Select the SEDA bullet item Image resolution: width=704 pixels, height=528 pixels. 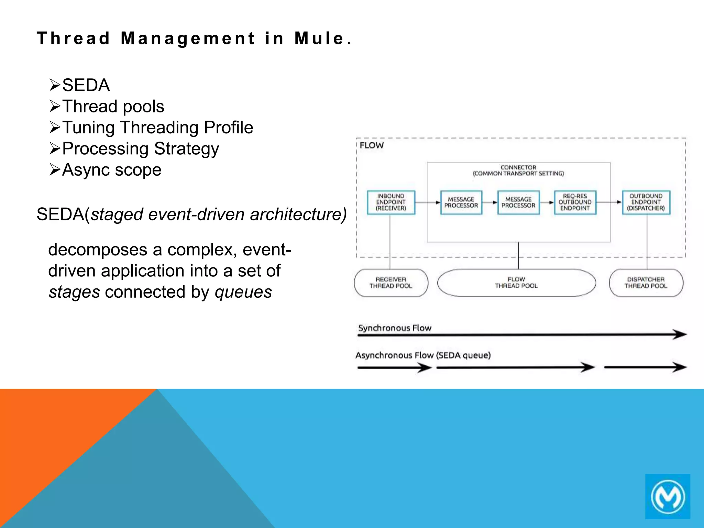click(x=86, y=85)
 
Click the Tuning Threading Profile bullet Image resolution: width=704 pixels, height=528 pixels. click(x=157, y=128)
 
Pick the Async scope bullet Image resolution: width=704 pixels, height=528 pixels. click(x=111, y=170)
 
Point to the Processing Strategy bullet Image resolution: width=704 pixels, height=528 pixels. click(x=140, y=149)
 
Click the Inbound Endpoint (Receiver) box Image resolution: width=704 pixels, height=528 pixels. click(x=391, y=202)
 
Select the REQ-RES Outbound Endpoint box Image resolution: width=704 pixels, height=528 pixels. click(x=575, y=202)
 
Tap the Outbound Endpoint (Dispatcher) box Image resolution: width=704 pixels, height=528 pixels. click(x=646, y=202)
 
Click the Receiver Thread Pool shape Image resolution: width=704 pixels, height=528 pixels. click(x=391, y=283)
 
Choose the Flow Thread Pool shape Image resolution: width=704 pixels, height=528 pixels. click(x=516, y=283)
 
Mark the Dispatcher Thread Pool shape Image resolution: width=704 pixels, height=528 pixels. click(x=646, y=283)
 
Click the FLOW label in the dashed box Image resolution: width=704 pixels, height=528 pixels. click(x=372, y=145)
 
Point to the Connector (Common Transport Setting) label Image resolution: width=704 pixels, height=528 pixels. click(x=518, y=170)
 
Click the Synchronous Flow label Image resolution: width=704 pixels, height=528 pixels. click(x=395, y=328)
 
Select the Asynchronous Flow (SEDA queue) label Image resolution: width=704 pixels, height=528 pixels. click(x=423, y=355)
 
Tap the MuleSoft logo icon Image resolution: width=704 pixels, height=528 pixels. click(x=668, y=496)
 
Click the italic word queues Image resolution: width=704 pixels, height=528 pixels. click(x=243, y=292)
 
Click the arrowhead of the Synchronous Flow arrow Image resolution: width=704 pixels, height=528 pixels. click(x=680, y=334)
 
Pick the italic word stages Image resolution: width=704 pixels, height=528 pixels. click(x=74, y=292)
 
